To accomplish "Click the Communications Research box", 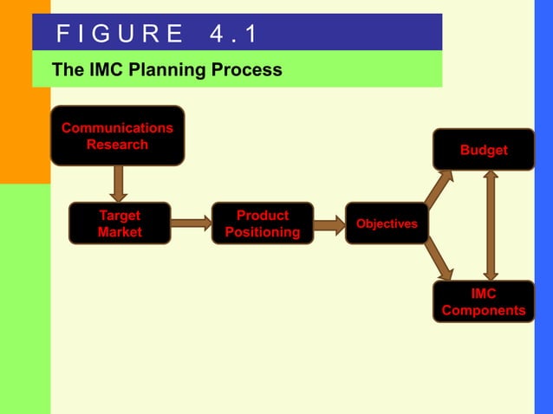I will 117,135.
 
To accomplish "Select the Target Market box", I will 120,223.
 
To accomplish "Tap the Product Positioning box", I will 263,223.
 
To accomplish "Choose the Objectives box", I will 387,223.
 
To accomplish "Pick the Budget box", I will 484,150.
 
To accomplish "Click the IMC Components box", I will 484,301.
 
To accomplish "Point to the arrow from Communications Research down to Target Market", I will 120,183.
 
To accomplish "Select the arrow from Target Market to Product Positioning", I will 191,223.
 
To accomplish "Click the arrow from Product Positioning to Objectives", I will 329,225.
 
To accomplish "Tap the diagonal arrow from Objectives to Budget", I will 439,189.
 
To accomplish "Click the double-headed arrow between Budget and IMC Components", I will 491,225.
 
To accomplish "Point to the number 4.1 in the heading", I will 233,34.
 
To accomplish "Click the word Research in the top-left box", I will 117,144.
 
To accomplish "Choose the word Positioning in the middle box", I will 263,232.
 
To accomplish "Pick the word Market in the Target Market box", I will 120,232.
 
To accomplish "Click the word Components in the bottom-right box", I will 484,310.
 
